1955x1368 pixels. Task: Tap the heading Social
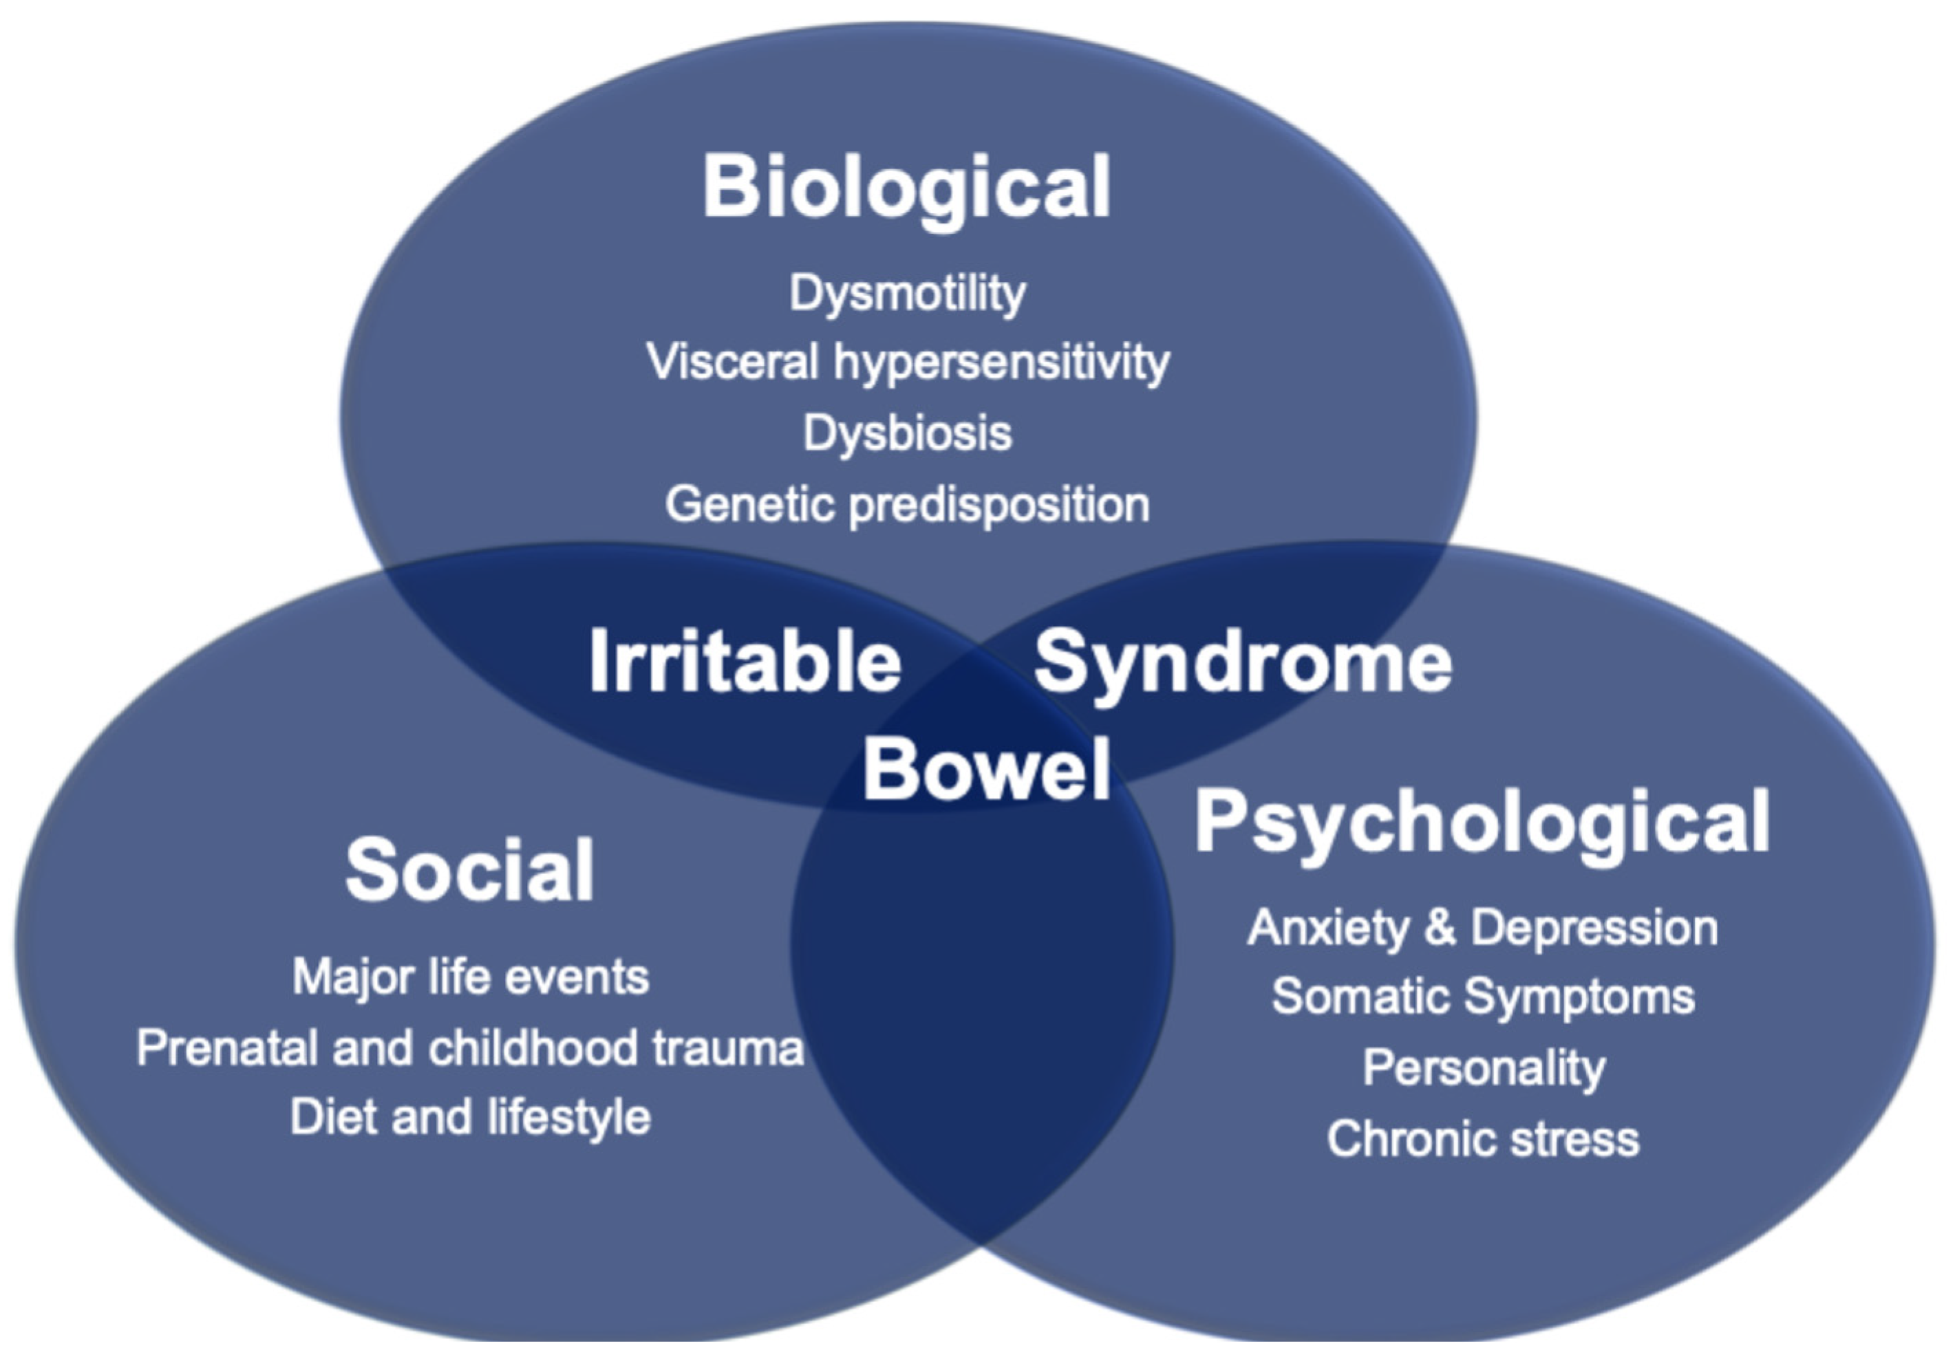(469, 869)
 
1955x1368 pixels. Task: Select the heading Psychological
(1482, 821)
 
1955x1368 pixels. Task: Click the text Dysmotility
(908, 294)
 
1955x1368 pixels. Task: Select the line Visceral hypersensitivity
(908, 362)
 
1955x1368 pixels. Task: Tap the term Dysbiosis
(908, 433)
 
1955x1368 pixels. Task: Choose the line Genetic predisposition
(908, 504)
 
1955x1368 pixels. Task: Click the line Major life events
(471, 977)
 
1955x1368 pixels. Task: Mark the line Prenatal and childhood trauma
(470, 1047)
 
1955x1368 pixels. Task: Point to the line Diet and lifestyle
(471, 1117)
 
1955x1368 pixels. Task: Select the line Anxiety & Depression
(1482, 927)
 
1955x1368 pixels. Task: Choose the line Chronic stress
(1482, 1138)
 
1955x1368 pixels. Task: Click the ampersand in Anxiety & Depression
(1440, 927)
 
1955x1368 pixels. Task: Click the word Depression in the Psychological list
(1594, 927)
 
